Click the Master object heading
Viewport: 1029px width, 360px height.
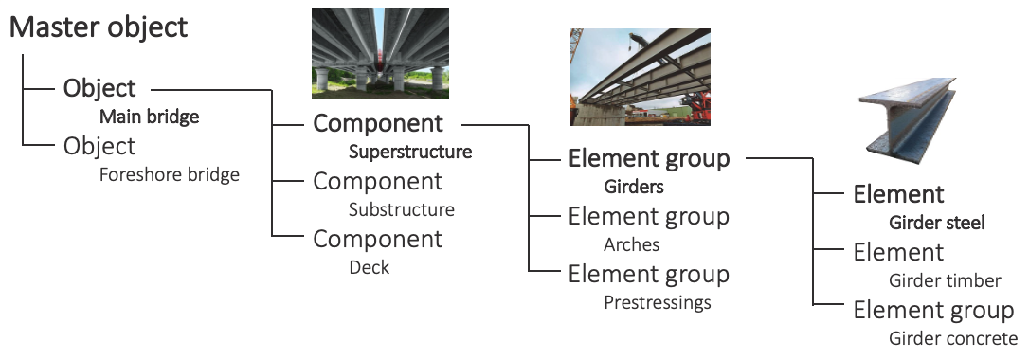[x=99, y=27]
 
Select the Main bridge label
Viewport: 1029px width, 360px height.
[x=150, y=117]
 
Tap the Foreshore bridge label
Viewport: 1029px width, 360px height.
[x=170, y=175]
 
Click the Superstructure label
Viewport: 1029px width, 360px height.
[x=410, y=152]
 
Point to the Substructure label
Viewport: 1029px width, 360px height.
[x=402, y=209]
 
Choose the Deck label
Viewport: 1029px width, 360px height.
[x=369, y=267]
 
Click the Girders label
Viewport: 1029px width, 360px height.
[x=634, y=187]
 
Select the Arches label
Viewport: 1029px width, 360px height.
[x=632, y=244]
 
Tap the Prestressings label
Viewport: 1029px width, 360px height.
[x=658, y=303]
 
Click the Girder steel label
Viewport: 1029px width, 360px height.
[x=937, y=224]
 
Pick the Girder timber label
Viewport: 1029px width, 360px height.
[x=945, y=280]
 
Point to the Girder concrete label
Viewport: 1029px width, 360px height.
[x=953, y=338]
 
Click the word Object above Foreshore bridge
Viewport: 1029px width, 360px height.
[x=99, y=147]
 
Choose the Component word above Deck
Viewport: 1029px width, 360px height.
[x=378, y=239]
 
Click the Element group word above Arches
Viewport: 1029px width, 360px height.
[x=649, y=216]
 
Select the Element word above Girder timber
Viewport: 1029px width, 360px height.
[x=898, y=253]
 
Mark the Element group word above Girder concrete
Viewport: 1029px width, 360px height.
[x=934, y=311]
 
